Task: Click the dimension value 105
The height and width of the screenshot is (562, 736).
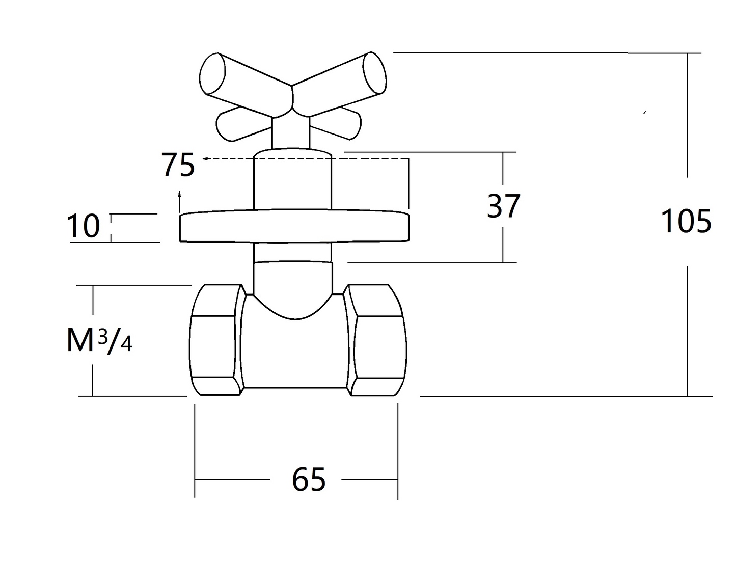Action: (686, 221)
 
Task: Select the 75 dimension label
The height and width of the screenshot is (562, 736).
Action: (178, 165)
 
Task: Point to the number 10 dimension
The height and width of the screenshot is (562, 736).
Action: (83, 226)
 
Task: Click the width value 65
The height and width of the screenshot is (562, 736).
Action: (309, 479)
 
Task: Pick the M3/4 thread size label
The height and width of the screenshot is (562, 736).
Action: (100, 340)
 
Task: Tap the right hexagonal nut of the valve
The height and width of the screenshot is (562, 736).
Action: (375, 340)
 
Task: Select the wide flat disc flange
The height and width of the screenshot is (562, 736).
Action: (294, 225)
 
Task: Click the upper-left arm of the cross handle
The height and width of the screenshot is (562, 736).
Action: (247, 85)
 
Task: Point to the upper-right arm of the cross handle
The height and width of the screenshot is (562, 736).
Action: (339, 84)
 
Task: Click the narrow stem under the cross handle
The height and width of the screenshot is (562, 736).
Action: (290, 132)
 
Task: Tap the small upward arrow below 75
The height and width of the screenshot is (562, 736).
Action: (180, 201)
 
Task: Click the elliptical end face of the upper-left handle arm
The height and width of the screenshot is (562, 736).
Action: (212, 74)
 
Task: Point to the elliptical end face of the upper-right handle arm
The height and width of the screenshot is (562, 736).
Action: (374, 73)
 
